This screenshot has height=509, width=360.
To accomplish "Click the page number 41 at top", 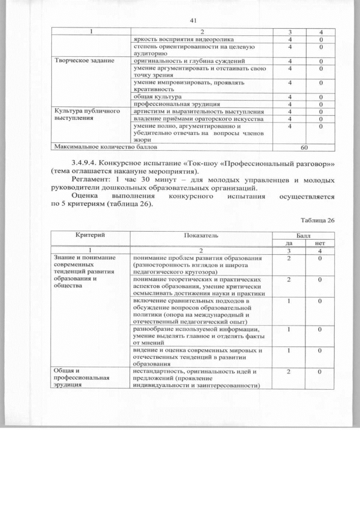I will [x=192, y=20].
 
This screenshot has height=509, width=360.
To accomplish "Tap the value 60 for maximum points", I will [x=304, y=147].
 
